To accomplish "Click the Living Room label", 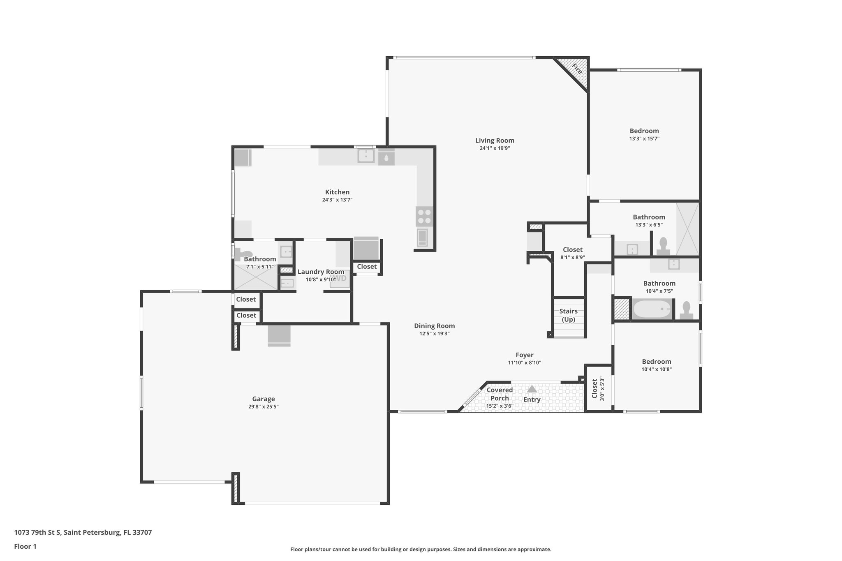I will [x=495, y=141].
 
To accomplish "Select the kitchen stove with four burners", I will [x=424, y=217].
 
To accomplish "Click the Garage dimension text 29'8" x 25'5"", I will [x=263, y=406].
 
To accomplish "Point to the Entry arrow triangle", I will [x=532, y=389].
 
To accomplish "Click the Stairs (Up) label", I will [x=568, y=315].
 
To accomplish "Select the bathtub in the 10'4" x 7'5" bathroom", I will [x=652, y=309].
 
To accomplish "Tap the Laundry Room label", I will [x=321, y=272].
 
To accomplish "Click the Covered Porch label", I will [x=500, y=394].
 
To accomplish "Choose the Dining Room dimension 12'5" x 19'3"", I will [x=434, y=334].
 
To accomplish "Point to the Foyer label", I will [x=524, y=355].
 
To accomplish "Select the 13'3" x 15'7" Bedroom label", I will [x=644, y=131].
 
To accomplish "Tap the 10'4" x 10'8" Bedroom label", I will [x=656, y=362].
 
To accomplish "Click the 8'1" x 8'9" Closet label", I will [x=572, y=250].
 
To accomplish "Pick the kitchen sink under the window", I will [x=365, y=156].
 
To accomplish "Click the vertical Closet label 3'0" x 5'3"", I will [x=594, y=389].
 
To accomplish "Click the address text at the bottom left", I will [x=83, y=533].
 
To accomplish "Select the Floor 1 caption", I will [x=25, y=547].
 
